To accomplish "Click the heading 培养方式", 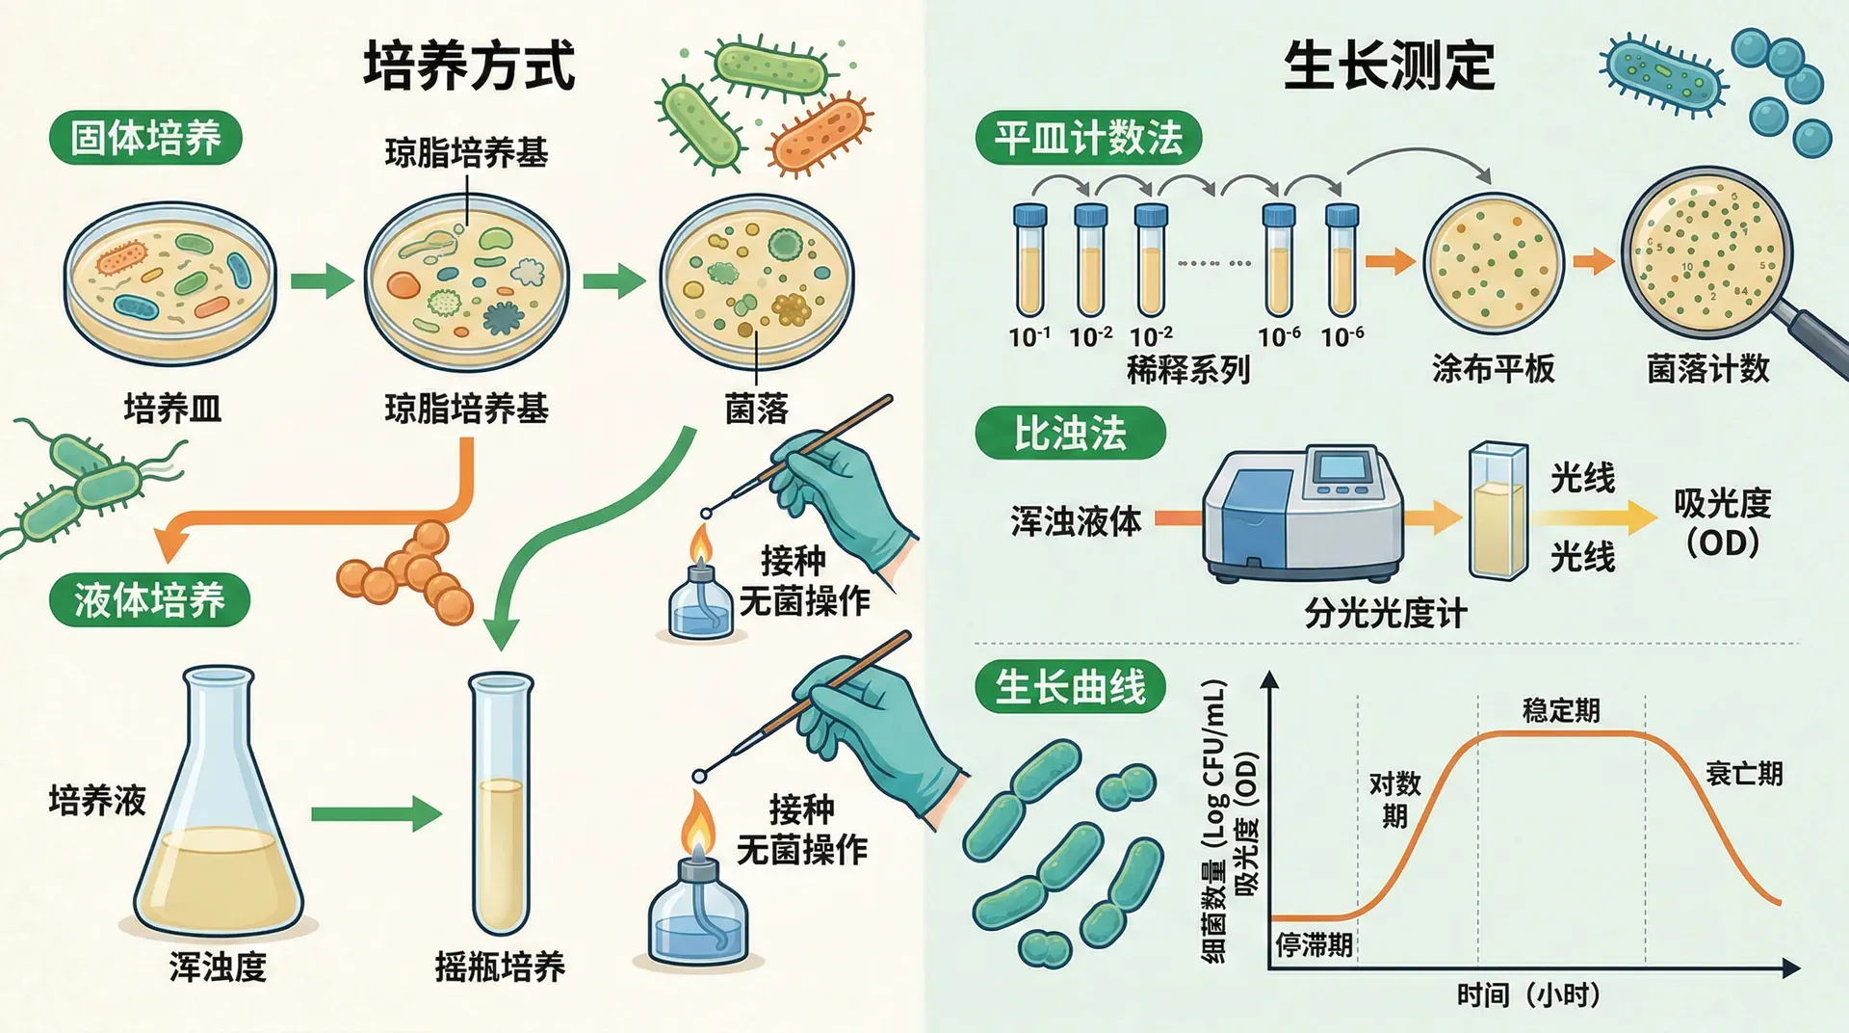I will click(x=469, y=66).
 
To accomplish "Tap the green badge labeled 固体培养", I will click(x=145, y=138).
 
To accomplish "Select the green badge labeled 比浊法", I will click(x=1070, y=434).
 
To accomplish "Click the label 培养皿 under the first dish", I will click(x=172, y=409).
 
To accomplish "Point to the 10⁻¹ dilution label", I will click(x=1029, y=336).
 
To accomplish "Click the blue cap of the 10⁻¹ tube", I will click(x=1029, y=213).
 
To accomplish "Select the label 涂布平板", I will click(x=1493, y=368).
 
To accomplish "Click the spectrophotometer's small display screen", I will click(x=1341, y=467).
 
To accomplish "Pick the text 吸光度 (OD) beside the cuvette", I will click(x=1722, y=521).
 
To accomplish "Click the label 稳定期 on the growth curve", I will click(x=1560, y=710).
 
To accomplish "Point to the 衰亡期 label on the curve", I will click(x=1744, y=773).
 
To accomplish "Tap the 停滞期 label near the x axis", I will click(x=1314, y=944).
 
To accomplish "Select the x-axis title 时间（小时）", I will click(x=1528, y=994).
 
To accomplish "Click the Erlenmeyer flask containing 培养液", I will click(x=219, y=819).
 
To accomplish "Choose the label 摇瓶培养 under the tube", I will click(x=500, y=966).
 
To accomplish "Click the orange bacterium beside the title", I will click(x=820, y=135).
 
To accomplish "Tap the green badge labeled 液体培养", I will click(x=149, y=600).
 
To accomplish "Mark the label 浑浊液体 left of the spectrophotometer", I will click(x=1076, y=521).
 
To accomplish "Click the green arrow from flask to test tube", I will click(x=376, y=813).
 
